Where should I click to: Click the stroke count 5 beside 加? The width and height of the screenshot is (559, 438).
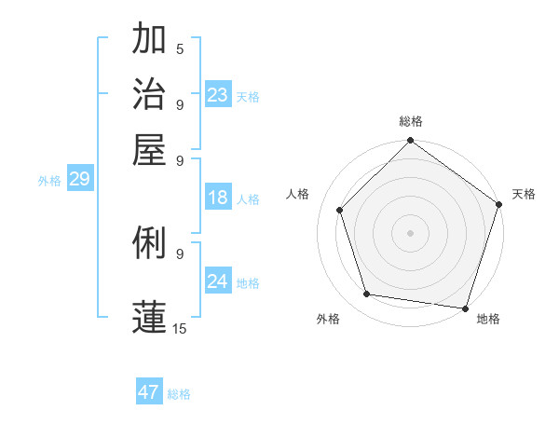tap(180, 49)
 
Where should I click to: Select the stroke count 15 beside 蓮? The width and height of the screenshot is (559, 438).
tap(179, 328)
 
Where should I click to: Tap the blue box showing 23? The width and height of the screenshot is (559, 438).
tap(218, 94)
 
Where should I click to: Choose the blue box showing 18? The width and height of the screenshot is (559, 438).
tap(218, 198)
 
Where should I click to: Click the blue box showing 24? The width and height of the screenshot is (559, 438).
tap(218, 281)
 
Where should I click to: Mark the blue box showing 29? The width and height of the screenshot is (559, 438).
tap(79, 179)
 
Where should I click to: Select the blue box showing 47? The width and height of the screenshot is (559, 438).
tap(149, 392)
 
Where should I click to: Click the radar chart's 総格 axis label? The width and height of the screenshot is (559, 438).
tap(410, 122)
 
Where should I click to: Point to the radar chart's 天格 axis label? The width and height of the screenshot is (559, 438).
tap(524, 194)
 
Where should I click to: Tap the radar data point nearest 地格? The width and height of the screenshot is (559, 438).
tap(465, 308)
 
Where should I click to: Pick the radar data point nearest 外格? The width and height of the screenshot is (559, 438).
tap(367, 294)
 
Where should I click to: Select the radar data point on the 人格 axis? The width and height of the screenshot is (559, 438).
tap(340, 210)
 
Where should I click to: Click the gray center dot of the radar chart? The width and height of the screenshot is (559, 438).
tap(410, 232)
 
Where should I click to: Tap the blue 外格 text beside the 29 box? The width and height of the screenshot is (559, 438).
tap(48, 181)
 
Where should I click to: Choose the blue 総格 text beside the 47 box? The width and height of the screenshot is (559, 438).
tap(179, 394)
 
